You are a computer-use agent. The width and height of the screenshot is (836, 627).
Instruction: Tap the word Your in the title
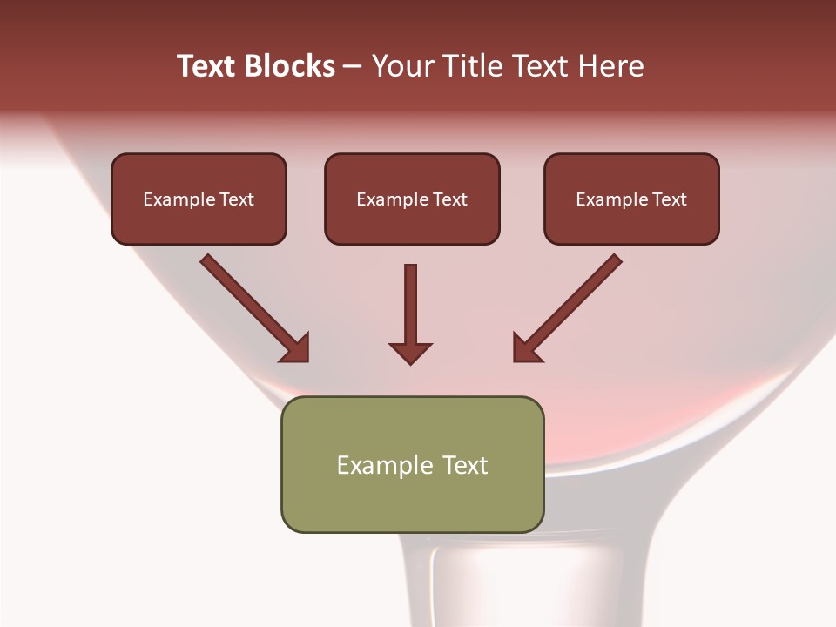(x=403, y=66)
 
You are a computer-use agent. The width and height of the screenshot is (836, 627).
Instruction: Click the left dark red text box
(x=199, y=199)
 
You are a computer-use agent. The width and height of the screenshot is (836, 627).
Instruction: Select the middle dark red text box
(x=412, y=199)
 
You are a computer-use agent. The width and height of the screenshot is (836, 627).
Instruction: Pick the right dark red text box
(x=631, y=199)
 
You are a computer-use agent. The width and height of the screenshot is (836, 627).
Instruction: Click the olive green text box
(x=412, y=464)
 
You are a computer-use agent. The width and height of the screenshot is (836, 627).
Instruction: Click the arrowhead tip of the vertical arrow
(x=410, y=361)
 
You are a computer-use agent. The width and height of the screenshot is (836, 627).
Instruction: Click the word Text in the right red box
(x=670, y=199)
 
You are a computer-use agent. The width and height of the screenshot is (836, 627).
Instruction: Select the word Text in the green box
(x=466, y=465)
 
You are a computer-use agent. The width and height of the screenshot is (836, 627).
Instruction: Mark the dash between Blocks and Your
(x=353, y=67)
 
